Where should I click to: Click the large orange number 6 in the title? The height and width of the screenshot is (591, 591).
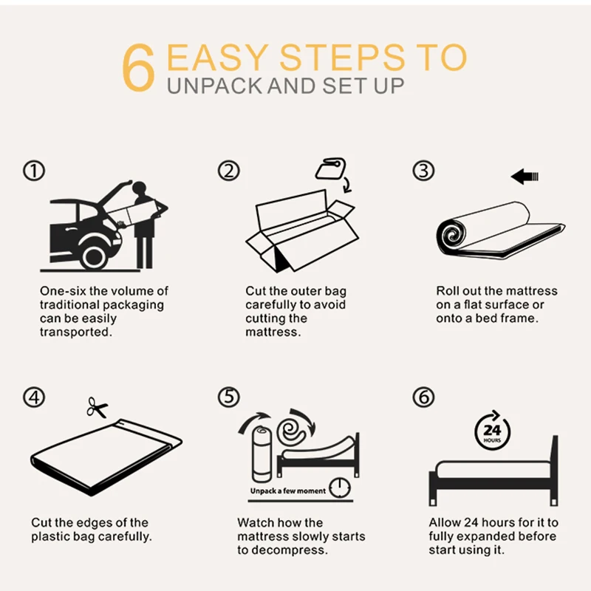[x=138, y=67]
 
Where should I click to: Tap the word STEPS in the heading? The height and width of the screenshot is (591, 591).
[x=342, y=58]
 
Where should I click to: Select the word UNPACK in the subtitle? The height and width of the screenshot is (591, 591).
[x=214, y=86]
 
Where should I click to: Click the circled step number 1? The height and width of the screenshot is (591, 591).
[x=34, y=171]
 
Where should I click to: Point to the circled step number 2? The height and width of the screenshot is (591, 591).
[x=229, y=171]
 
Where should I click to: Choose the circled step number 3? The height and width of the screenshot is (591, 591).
[x=423, y=171]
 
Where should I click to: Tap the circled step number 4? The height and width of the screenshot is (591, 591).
[x=34, y=397]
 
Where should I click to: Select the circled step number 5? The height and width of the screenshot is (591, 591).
[x=229, y=397]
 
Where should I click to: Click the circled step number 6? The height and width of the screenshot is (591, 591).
[x=423, y=397]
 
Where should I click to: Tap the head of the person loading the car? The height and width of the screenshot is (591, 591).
[x=140, y=188]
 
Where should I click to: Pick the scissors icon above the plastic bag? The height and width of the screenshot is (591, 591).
[x=97, y=408]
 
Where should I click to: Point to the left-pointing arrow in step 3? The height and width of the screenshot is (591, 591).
[x=525, y=177]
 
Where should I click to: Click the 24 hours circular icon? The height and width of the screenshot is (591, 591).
[x=492, y=431]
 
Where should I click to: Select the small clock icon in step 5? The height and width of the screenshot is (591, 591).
[x=340, y=488]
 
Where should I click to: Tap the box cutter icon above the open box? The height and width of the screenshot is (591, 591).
[x=330, y=168]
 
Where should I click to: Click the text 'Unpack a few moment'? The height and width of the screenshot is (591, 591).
[x=288, y=491]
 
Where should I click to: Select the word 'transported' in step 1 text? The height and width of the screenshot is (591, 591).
[x=76, y=332]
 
